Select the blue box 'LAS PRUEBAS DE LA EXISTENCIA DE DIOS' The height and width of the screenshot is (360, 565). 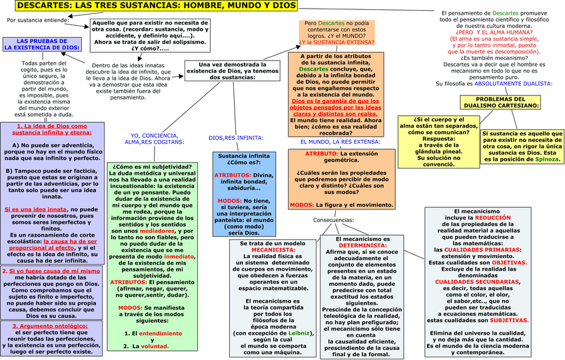click(41, 45)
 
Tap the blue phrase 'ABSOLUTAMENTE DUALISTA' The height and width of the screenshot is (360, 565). click(513, 83)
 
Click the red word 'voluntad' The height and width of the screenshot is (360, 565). click(157, 346)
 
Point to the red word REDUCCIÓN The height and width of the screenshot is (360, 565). click(493, 217)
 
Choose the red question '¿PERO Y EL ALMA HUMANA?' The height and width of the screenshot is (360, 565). click(495, 33)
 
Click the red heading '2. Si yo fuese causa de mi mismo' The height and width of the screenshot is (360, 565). click(51, 271)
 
